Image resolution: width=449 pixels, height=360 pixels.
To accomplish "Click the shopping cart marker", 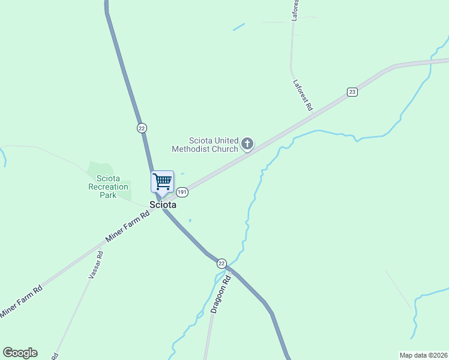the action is click(162, 181).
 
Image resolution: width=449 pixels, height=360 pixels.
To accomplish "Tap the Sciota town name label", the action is click(163, 205).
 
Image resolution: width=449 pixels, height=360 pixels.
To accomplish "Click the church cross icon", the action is click(247, 143).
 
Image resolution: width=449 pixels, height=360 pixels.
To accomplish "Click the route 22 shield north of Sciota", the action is click(142, 128).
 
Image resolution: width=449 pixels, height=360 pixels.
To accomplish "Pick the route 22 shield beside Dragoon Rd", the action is click(221, 264).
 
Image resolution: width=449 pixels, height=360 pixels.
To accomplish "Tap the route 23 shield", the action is click(352, 92).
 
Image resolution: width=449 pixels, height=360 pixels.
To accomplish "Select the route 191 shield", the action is click(182, 192).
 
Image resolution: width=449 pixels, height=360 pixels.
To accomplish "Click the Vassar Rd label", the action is click(95, 264).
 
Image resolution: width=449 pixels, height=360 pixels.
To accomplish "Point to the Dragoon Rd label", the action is click(221, 295).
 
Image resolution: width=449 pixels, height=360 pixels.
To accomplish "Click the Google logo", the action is click(20, 353).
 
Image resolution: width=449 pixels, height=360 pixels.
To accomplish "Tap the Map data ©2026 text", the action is click(423, 355).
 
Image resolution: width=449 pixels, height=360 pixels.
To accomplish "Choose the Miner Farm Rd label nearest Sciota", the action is click(127, 227).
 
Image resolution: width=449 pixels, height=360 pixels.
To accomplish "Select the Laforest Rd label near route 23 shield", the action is click(303, 95).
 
